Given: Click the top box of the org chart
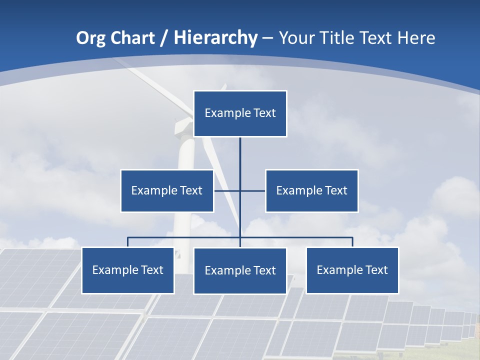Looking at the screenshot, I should pyautogui.click(x=240, y=113).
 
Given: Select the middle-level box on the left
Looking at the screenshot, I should pyautogui.click(x=167, y=190).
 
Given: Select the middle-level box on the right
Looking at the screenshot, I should pyautogui.click(x=311, y=190).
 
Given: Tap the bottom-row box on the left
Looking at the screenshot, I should pyautogui.click(x=127, y=270).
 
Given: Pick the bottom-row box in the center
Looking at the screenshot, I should pyautogui.click(x=240, y=270).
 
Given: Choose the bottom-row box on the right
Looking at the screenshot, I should pyautogui.click(x=352, y=270).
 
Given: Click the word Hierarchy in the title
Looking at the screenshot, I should pyautogui.click(x=215, y=37).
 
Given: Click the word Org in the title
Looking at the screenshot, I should pyautogui.click(x=90, y=38).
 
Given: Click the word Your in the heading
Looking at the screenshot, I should pyautogui.click(x=297, y=38).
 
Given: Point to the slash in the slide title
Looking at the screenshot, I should pyautogui.click(x=164, y=38).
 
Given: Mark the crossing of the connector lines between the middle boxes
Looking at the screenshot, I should pyautogui.click(x=240, y=190).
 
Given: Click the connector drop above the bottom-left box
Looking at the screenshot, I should pyautogui.click(x=127, y=242).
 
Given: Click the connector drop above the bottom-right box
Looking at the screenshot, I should pyautogui.click(x=352, y=242).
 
